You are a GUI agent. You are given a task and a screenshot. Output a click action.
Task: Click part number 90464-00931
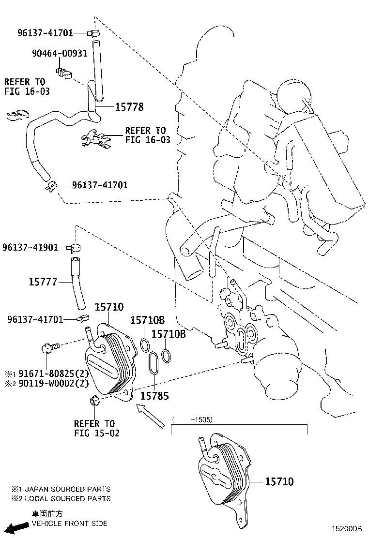pyautogui.click(x=60, y=53)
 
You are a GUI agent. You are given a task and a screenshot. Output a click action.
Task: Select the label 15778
pyautogui.click(x=129, y=107)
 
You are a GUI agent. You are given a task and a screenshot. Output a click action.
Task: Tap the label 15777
pyautogui.click(x=44, y=282)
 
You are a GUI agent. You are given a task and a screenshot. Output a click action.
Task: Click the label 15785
pyautogui.click(x=154, y=396)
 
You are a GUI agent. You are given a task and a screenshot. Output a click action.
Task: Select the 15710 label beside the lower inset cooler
pyautogui.click(x=279, y=481)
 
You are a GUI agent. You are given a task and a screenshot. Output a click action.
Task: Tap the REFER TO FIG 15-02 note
pyautogui.click(x=96, y=429)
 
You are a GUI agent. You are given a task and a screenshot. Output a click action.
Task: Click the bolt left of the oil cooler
pyautogui.click(x=49, y=346)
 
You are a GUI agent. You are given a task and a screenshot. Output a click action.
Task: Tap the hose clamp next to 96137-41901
pyautogui.click(x=75, y=247)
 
